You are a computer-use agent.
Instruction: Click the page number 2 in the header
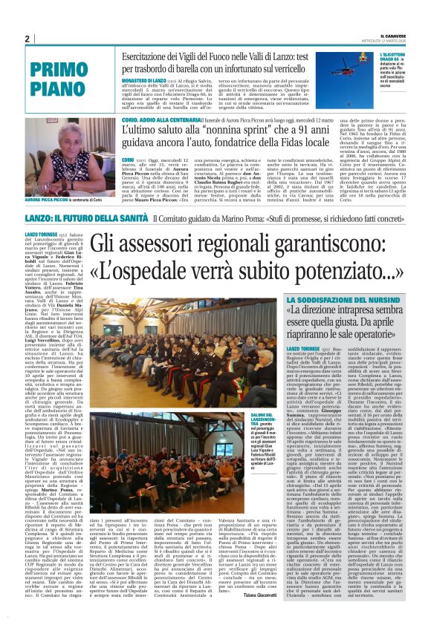(x=27, y=39)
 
